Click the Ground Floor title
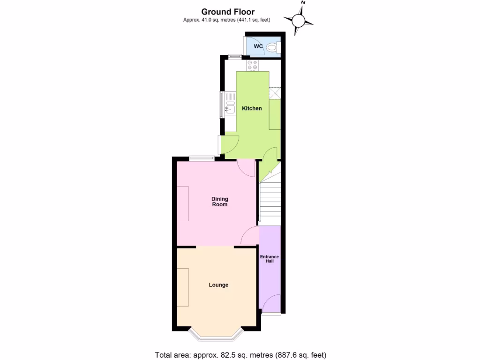[228, 11]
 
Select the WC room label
[258, 46]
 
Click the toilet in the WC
[272, 47]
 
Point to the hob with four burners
[252, 66]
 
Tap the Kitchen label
[252, 108]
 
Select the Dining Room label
[220, 202]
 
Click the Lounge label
[218, 285]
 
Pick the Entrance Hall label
[270, 259]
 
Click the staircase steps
[270, 202]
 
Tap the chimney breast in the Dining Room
[183, 203]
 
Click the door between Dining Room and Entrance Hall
[249, 235]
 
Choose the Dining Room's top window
[202, 158]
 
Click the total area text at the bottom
[240, 354]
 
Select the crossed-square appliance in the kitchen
[275, 94]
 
